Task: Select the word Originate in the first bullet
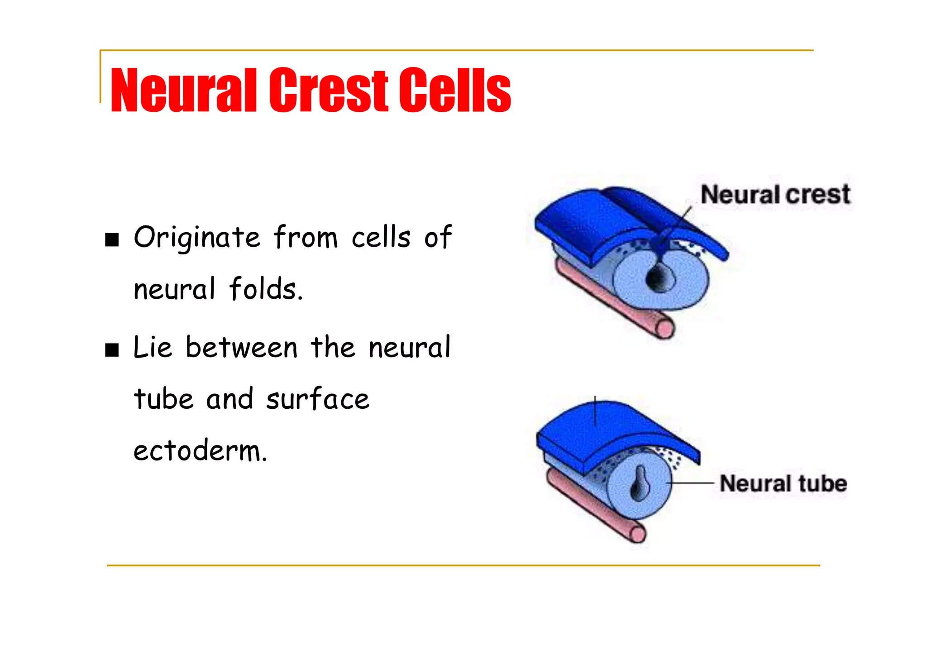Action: [197, 237]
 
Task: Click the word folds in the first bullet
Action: [265, 289]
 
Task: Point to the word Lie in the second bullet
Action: [153, 348]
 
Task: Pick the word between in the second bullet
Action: [241, 348]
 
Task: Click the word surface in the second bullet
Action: [317, 399]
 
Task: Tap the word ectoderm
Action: [200, 451]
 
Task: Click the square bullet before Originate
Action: [112, 239]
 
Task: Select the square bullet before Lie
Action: [112, 350]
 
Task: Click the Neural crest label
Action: [775, 195]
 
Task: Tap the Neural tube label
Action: [783, 483]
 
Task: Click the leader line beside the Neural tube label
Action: [693, 483]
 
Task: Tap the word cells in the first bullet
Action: [381, 237]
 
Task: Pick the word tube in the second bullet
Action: [163, 399]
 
